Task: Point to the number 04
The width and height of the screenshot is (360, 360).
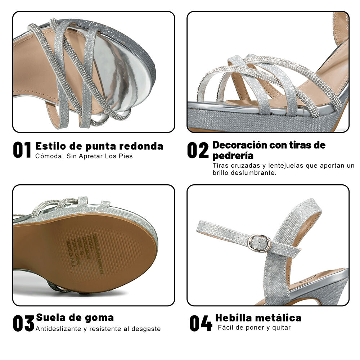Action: click(201, 323)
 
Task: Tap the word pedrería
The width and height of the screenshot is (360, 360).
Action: click(233, 156)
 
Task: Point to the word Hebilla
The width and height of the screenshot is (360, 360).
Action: click(233, 318)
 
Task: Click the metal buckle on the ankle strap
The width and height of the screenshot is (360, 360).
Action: click(260, 243)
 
